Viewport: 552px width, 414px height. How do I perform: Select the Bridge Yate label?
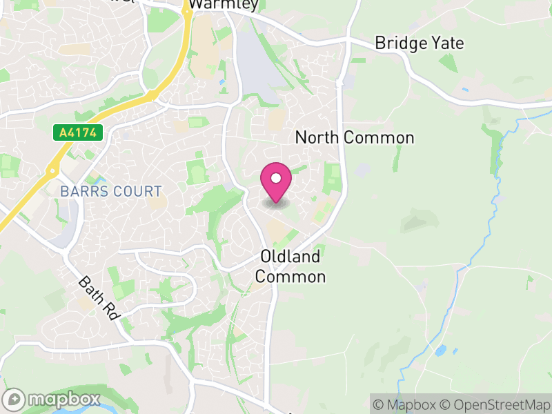pyautogui.click(x=419, y=43)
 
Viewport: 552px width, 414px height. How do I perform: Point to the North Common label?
pyautogui.click(x=355, y=137)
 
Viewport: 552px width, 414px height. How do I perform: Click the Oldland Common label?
pyautogui.click(x=290, y=266)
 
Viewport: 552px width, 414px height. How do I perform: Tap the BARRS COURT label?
pyautogui.click(x=111, y=191)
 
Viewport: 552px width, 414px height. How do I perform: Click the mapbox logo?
pyautogui.click(x=52, y=399)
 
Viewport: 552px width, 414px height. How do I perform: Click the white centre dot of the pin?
pyautogui.click(x=276, y=178)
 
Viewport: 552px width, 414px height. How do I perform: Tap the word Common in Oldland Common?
pyautogui.click(x=290, y=277)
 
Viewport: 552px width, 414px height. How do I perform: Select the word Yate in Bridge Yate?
pyautogui.click(x=448, y=43)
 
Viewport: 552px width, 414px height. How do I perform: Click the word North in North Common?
pyautogui.click(x=317, y=137)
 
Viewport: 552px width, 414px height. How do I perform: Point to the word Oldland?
pyautogui.click(x=290, y=257)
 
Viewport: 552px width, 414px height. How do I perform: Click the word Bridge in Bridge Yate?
pyautogui.click(x=401, y=43)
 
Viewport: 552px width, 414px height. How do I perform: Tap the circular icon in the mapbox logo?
pyautogui.click(x=14, y=399)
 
